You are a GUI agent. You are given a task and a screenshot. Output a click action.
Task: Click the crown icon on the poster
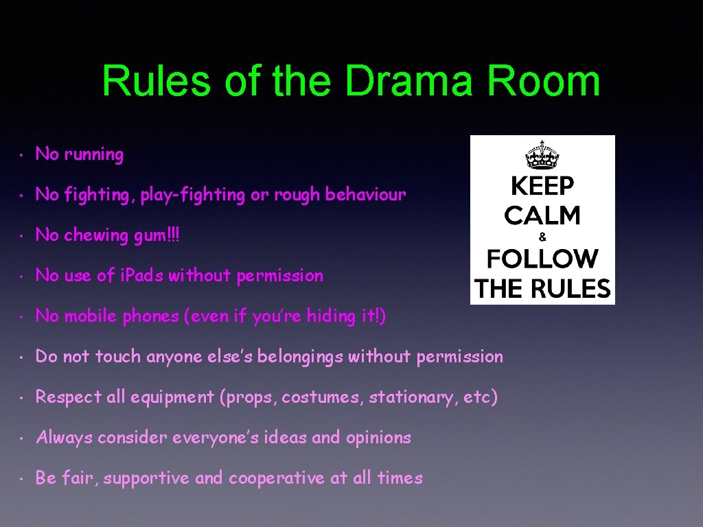(x=542, y=154)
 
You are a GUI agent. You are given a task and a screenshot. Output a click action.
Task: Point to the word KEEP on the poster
(x=542, y=186)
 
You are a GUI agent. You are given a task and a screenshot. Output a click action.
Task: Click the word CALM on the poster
(x=542, y=215)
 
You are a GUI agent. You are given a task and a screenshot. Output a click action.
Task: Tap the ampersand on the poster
(x=542, y=237)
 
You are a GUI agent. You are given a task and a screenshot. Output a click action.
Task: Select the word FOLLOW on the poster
(x=542, y=259)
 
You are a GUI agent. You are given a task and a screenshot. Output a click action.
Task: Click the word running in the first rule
(x=94, y=155)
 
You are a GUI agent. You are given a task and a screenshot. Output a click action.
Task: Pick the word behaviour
(x=365, y=195)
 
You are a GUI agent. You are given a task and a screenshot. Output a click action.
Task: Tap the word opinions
(x=378, y=438)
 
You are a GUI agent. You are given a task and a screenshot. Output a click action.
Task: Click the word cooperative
(x=277, y=478)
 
